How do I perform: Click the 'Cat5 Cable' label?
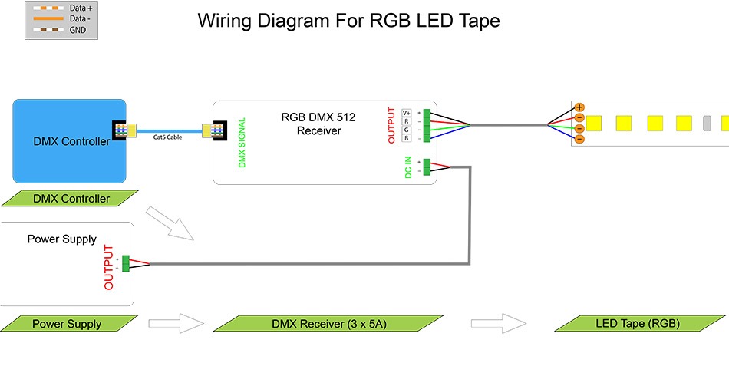tap(168, 137)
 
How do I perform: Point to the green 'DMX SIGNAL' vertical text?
tap(242, 143)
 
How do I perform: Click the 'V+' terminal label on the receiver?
tap(407, 113)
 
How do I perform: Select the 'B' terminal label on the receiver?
tap(407, 137)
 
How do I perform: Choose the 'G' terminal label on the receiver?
tap(407, 130)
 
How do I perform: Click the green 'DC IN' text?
tap(408, 168)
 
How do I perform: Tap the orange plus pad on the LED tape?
tap(579, 107)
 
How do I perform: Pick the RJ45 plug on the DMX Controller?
tap(123, 130)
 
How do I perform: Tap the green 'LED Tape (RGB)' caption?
tap(638, 322)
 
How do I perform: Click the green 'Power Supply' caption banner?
tap(66, 324)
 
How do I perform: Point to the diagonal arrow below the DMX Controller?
tap(170, 223)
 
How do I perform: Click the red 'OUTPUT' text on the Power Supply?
tap(108, 267)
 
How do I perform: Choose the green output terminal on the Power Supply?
tap(125, 263)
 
